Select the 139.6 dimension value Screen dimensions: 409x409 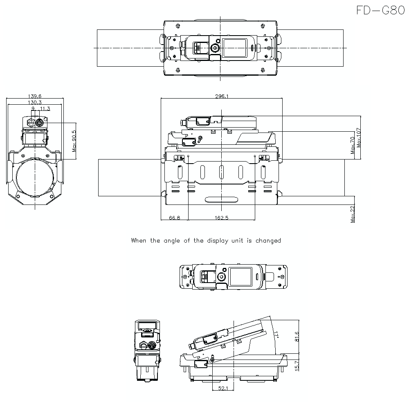pyautogui.click(x=35, y=96)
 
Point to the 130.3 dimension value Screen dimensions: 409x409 pyautogui.click(x=35, y=102)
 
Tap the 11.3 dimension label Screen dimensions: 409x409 pyautogui.click(x=45, y=108)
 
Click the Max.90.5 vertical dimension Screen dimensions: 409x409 pyautogui.click(x=74, y=141)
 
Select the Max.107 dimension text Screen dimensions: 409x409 pyautogui.click(x=359, y=138)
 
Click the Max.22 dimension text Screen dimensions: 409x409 pyautogui.click(x=353, y=214)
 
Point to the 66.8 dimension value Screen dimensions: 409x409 pyautogui.click(x=175, y=218)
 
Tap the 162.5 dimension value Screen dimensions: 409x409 pyautogui.click(x=221, y=218)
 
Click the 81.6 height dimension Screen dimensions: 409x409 pyautogui.click(x=297, y=336)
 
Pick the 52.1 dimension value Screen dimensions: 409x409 pyautogui.click(x=222, y=388)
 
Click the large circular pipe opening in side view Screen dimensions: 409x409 pyautogui.click(x=35, y=179)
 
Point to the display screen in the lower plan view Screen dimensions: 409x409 pyautogui.click(x=240, y=277)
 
